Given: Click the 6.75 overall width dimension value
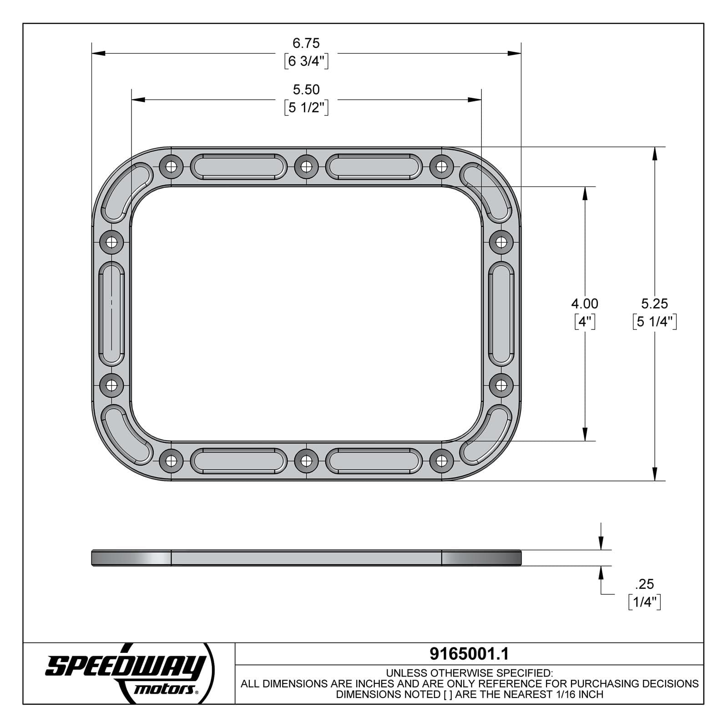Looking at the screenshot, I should coord(306,43).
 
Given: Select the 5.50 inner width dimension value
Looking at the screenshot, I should coord(306,90).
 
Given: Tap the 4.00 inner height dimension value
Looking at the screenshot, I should coord(585,303).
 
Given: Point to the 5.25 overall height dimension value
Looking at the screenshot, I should coord(654,303).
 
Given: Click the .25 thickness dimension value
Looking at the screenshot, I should coord(644,584).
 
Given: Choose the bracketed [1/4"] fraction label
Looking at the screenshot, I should coord(644,602).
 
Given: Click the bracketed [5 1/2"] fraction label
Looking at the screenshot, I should coord(306,108).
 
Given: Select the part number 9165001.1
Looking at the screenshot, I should coord(469,654).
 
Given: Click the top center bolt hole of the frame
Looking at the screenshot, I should coord(306,167).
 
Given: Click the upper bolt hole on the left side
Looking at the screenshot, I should coord(111,242).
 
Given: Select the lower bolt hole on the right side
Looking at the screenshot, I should coord(501,385).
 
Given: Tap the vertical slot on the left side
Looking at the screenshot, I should coord(111,313).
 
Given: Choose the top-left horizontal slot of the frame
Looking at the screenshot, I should coord(238,167).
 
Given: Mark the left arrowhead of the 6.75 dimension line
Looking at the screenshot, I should coord(98,53).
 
